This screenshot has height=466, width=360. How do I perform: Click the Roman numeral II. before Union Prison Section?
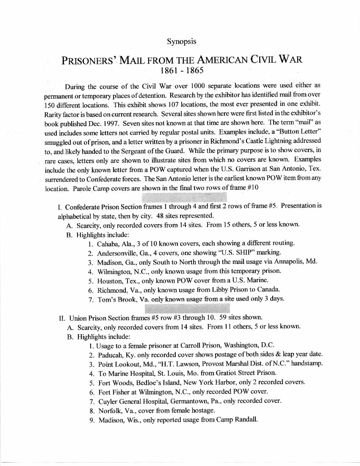pyautogui.click(x=62, y=317)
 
